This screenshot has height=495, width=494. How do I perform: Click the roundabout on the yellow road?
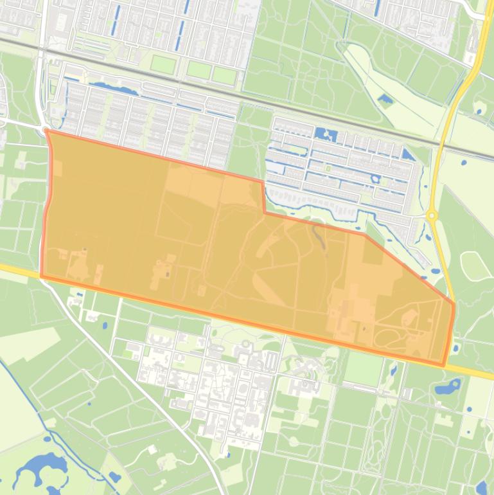coord(432,215)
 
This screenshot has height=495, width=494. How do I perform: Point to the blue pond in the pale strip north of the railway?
coord(385,100)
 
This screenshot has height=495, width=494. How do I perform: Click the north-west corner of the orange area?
coord(47,130)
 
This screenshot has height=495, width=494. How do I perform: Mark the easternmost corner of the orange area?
coord(454,304)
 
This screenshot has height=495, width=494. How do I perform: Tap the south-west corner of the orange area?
coord(42,276)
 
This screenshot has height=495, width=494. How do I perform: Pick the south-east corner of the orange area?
coord(443,365)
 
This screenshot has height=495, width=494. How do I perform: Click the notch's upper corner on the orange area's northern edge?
coord(262,183)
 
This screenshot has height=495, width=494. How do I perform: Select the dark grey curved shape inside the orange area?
coord(319,239)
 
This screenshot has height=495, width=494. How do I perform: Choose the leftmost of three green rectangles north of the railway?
coord(163,64)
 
